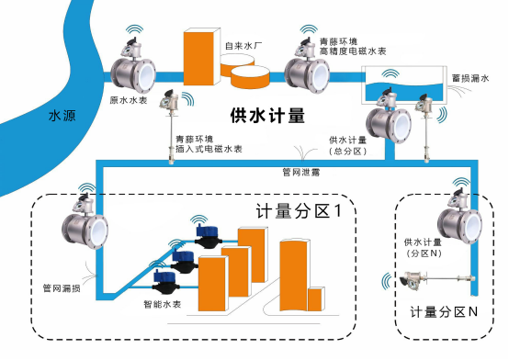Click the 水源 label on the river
pyautogui.click(x=62, y=116)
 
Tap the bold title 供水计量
pyautogui.click(x=267, y=115)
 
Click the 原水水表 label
pyautogui.click(x=129, y=100)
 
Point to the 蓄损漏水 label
pyautogui.click(x=470, y=78)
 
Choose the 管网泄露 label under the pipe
pyautogui.click(x=301, y=172)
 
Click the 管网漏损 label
pyautogui.click(x=62, y=288)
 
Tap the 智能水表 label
pyautogui.click(x=163, y=304)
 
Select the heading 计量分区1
pyautogui.click(x=299, y=210)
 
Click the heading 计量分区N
pyautogui.click(x=444, y=312)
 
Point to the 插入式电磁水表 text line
pyautogui.click(x=209, y=149)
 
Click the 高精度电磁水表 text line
pyautogui.click(x=353, y=51)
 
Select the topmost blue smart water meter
pyautogui.click(x=208, y=237)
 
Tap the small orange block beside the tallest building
pyautogui.click(x=316, y=299)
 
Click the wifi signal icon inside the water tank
pyautogui.click(x=390, y=73)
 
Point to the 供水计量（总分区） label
pyautogui.click(x=347, y=145)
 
